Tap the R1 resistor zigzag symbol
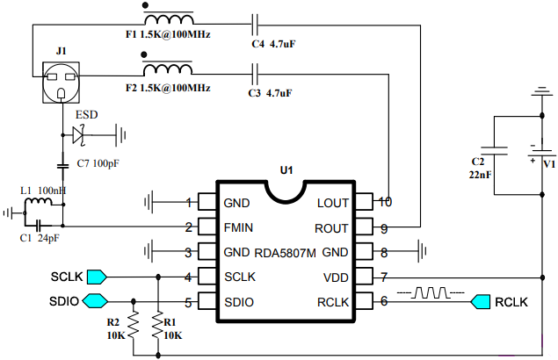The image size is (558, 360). tap(157, 325)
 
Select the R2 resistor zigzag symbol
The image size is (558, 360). tap(133, 325)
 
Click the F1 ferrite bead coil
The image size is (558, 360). tap(169, 18)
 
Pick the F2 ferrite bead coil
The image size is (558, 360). tap(168, 68)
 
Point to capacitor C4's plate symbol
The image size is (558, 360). tap(255, 25)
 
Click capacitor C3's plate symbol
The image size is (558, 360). tap(255, 74)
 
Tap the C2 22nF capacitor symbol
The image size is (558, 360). tap(494, 151)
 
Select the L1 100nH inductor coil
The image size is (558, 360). tap(39, 202)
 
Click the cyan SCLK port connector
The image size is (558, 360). tap(97, 277)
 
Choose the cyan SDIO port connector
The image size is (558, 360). tap(95, 301)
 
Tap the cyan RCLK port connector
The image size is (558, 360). tap(481, 302)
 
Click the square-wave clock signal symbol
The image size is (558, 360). tap(431, 292)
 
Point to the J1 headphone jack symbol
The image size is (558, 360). tap(61, 83)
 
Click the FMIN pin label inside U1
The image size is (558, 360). tap(238, 227)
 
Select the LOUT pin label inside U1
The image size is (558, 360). tap(333, 203)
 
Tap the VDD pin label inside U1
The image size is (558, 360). tap(336, 277)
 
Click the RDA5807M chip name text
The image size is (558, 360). tap(285, 253)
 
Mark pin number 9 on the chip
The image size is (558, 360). tap(384, 229)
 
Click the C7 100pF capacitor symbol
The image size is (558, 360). tap(63, 166)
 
